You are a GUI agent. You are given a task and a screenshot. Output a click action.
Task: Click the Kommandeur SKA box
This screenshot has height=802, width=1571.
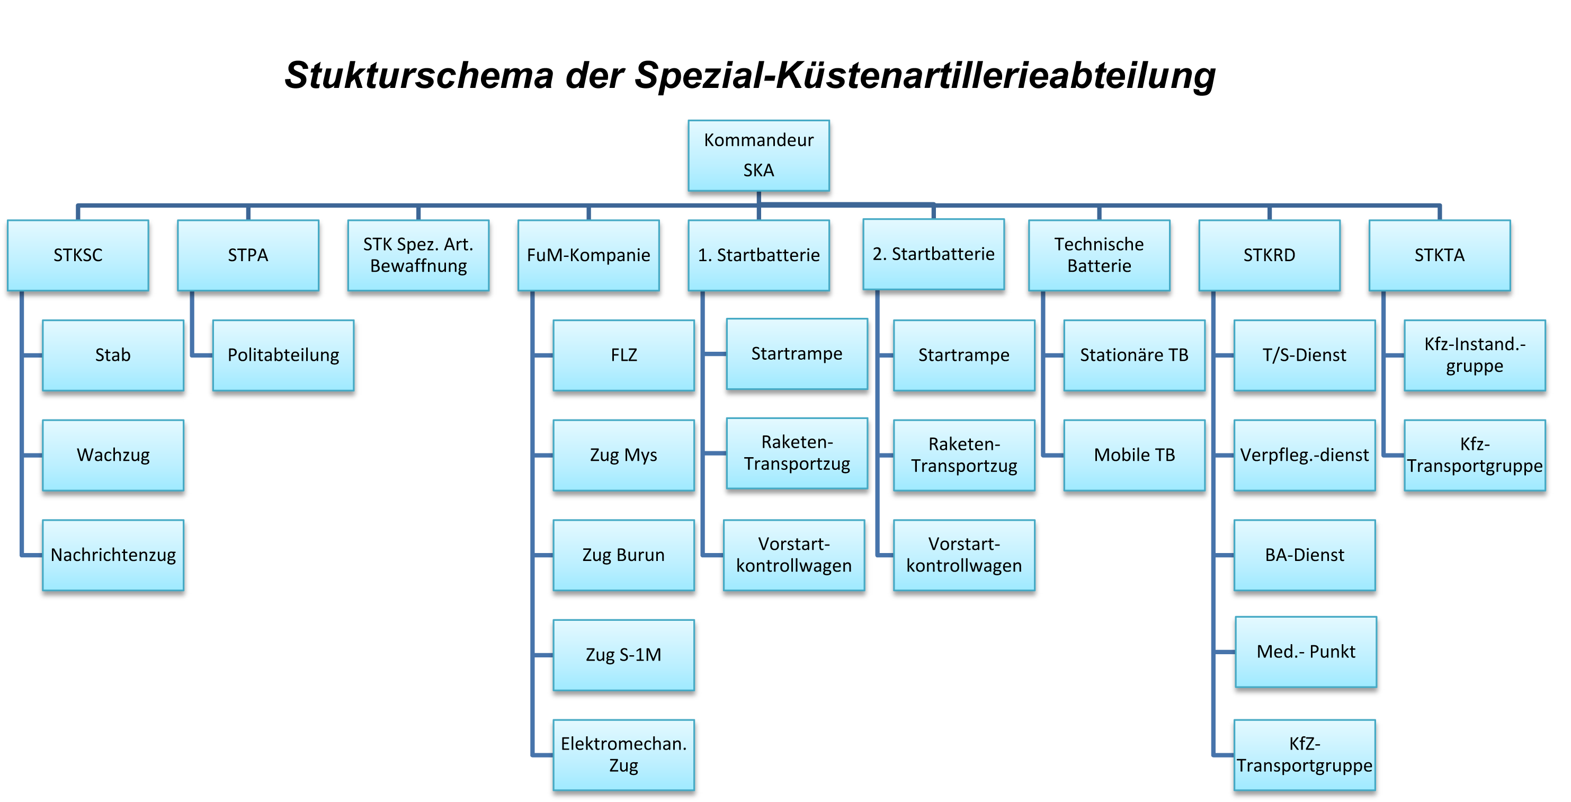point(758,155)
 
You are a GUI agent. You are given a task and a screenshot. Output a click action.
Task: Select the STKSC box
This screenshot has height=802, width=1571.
point(77,255)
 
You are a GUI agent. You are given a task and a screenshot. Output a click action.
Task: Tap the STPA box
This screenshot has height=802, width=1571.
point(247,255)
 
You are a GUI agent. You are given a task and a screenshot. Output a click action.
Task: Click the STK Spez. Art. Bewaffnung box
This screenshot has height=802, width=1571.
point(418,255)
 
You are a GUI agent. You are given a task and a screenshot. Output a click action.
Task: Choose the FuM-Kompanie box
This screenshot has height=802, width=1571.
point(588,255)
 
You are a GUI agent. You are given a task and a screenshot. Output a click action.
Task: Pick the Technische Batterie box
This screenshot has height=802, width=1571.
point(1099,255)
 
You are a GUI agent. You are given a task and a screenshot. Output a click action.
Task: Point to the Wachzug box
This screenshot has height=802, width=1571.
point(113,455)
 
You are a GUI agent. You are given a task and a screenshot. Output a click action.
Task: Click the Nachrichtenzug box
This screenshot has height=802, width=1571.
point(113,555)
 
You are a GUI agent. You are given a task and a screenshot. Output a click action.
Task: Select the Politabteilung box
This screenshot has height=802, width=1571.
point(283,355)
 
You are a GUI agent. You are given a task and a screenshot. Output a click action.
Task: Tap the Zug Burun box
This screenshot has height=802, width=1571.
point(623,555)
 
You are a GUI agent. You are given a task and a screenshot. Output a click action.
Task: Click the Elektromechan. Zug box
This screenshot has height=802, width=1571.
point(623,754)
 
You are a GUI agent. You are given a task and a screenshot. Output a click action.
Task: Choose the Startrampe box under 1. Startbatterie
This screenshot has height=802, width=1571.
point(797,354)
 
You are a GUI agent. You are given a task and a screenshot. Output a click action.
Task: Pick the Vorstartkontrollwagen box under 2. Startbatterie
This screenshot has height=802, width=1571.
point(963,555)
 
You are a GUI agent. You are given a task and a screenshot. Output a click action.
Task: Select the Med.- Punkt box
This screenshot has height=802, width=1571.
point(1305,652)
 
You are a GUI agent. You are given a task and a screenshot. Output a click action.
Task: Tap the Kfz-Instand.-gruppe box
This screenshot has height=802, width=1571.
point(1474,355)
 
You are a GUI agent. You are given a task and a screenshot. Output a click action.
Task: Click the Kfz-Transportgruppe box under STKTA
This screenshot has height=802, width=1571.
point(1474,455)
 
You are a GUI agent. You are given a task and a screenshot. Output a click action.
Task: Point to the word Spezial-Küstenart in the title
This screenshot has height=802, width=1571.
point(793,76)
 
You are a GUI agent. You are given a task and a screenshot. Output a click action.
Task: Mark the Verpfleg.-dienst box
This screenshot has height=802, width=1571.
point(1304,455)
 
